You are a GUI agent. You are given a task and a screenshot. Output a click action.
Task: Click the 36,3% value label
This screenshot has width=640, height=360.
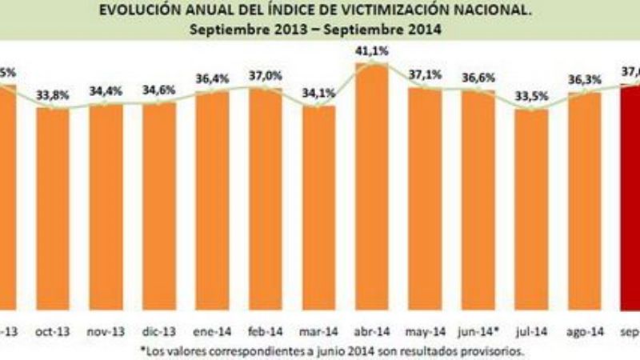[584, 79]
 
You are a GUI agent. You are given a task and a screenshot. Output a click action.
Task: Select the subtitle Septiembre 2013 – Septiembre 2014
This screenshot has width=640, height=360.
[318, 30]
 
